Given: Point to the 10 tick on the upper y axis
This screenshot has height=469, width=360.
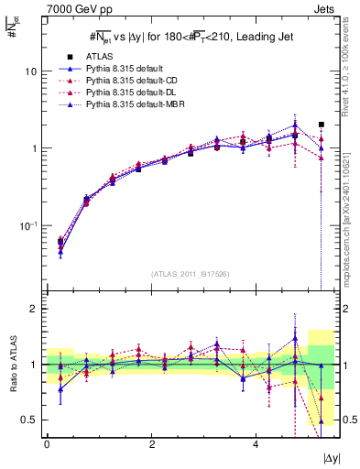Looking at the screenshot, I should point(31,71).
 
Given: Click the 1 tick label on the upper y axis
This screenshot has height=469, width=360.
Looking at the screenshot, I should point(34,148).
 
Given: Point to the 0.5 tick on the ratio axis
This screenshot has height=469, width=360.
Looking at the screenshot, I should point(30,420).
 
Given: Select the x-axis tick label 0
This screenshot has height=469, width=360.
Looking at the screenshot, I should point(47,443).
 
